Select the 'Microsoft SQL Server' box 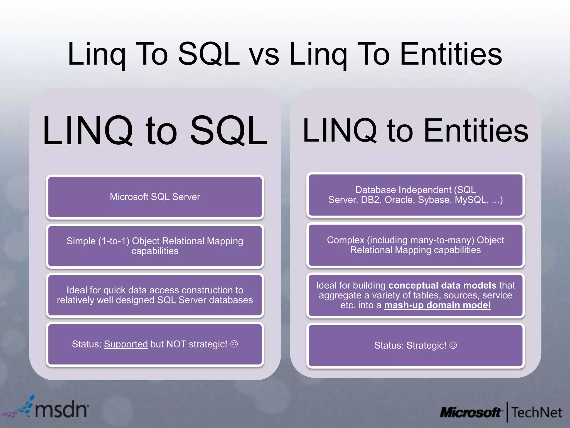click(155, 197)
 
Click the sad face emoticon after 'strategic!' click(234, 344)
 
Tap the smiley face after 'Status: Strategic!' click(453, 345)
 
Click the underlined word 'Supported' click(126, 344)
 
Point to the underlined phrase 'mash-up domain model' click(437, 305)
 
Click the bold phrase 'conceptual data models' click(442, 285)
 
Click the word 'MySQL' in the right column click(471, 200)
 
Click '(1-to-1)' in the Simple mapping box click(114, 241)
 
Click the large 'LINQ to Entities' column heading click(415, 130)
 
